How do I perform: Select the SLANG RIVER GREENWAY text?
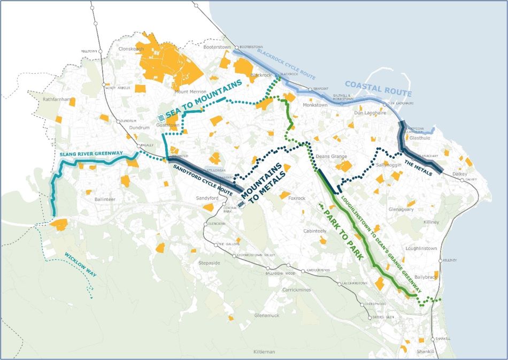(91, 154)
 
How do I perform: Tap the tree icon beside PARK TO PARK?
(321, 205)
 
